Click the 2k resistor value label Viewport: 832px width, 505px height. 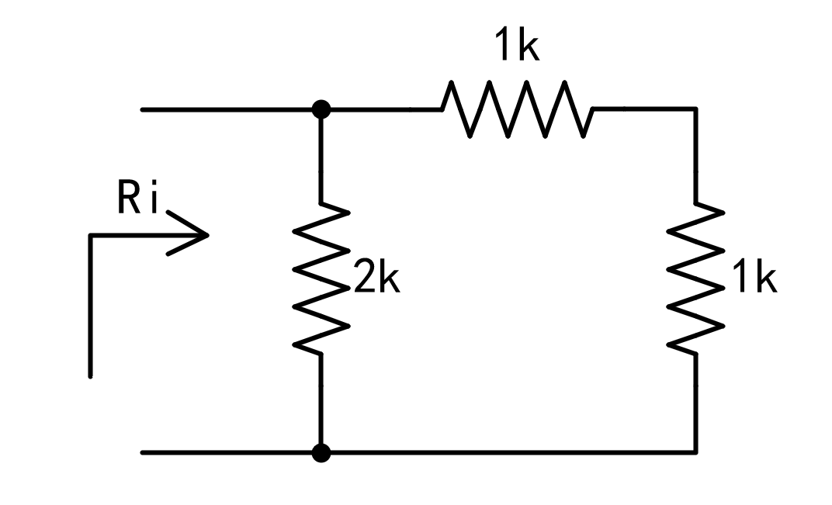[376, 280]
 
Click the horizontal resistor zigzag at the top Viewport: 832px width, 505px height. [517, 109]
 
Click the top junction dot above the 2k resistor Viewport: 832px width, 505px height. [320, 109]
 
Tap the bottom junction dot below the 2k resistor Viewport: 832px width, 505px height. [320, 452]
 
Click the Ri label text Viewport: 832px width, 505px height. [138, 200]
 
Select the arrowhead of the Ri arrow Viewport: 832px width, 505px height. [198, 233]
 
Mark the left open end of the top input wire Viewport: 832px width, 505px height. [143, 109]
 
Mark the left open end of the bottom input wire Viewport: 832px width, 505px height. [143, 452]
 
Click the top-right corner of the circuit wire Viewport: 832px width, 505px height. [695, 109]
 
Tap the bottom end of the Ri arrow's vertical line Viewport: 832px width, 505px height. [91, 375]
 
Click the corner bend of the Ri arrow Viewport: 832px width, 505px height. [91, 234]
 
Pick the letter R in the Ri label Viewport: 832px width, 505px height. [128, 200]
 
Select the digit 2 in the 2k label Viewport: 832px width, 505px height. [364, 280]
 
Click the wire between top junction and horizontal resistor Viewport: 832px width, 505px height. [380, 109]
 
